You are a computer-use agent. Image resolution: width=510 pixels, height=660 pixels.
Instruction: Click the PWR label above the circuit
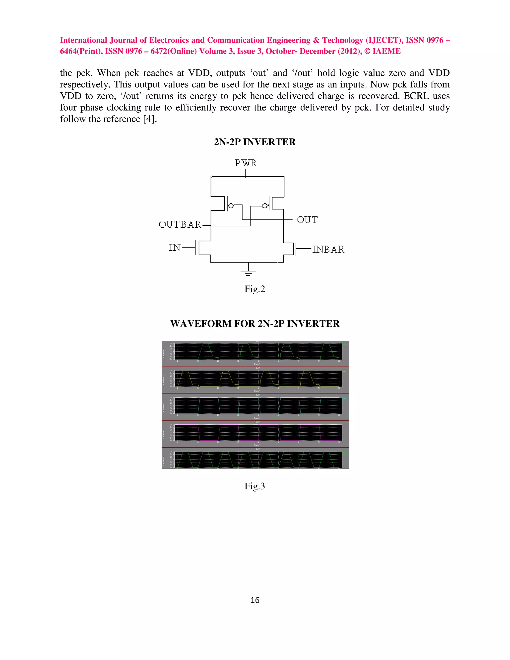[246, 163]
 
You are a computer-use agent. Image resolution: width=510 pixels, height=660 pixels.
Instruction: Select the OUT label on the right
[307, 220]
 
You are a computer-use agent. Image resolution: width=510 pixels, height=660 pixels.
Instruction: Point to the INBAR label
[328, 249]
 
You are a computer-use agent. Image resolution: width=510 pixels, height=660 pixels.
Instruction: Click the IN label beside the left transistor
[175, 248]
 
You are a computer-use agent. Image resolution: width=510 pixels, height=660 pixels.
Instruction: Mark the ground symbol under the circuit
[248, 272]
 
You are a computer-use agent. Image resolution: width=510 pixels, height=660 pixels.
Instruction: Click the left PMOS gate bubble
[231, 205]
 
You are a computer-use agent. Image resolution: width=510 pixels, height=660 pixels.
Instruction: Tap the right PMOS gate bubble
[265, 205]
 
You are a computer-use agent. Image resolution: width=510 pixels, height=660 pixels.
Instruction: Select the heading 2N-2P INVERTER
[255, 142]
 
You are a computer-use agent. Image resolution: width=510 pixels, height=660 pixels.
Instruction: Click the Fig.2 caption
[255, 289]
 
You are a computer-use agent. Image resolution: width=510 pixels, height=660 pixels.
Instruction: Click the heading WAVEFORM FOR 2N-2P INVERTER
[255, 324]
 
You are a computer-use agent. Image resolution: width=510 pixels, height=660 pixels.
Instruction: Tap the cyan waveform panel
[258, 406]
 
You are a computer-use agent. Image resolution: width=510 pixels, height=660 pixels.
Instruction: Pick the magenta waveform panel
[258, 433]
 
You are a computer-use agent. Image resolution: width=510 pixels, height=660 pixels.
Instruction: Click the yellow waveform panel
[258, 379]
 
